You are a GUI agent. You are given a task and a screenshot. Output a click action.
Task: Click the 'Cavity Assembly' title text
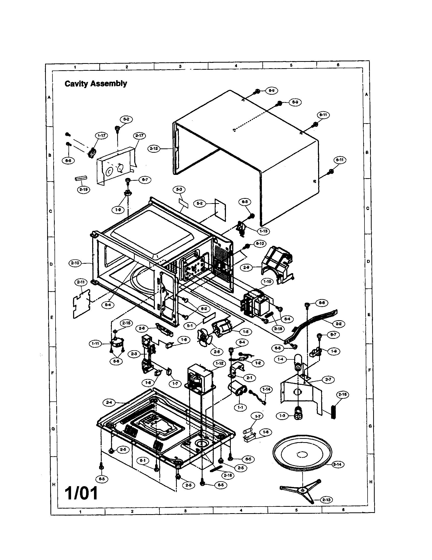96,83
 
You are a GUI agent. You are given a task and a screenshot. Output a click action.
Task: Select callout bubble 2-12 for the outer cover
154,148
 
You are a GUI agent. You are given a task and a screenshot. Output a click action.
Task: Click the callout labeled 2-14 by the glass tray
337,464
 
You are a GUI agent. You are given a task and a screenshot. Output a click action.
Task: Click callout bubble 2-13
326,500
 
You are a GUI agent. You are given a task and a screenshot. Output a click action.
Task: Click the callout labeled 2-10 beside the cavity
75,263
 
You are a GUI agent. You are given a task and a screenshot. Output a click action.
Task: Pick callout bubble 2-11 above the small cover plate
81,282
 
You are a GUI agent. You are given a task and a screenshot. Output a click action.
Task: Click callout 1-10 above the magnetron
267,282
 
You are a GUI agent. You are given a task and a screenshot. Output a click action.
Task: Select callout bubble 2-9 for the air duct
246,268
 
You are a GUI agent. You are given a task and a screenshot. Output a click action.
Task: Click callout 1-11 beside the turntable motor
96,343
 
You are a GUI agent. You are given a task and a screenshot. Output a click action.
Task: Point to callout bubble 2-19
83,190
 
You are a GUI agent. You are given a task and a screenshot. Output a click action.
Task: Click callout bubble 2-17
140,135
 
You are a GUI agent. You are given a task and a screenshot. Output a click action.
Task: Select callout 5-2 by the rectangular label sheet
200,203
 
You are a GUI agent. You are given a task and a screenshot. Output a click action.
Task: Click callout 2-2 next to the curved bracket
339,324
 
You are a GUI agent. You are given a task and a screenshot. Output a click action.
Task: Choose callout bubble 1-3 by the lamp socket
282,416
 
